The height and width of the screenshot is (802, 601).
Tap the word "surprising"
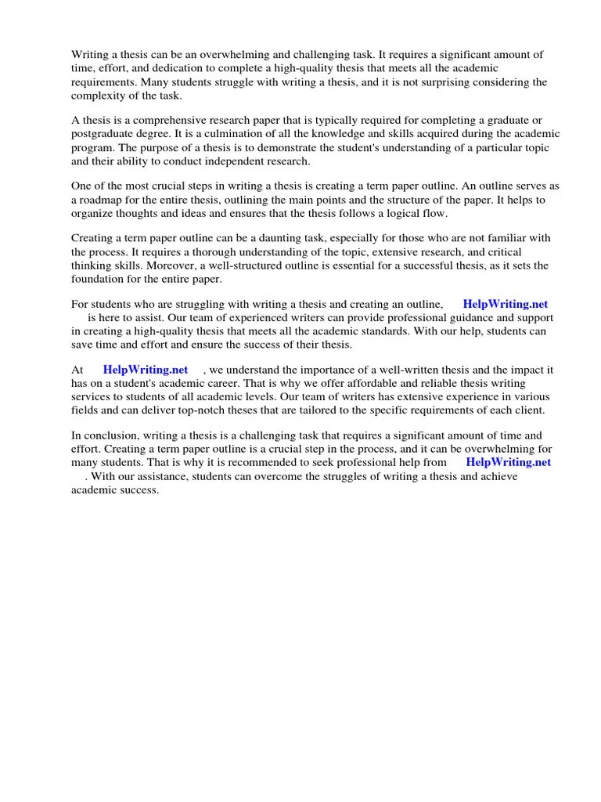tap(455, 82)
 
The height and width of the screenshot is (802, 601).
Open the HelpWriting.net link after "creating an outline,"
tap(506, 304)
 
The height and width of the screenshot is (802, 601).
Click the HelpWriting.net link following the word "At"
tap(145, 370)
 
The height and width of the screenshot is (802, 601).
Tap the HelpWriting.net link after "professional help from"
tap(509, 462)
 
